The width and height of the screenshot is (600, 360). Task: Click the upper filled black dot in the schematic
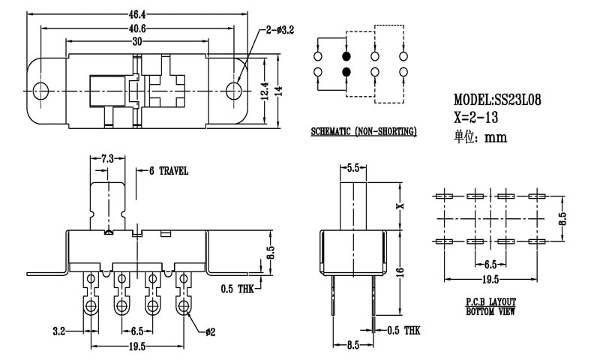point(346,56)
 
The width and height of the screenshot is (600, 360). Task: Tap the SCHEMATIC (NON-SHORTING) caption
point(364,133)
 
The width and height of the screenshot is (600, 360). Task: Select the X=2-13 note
point(477,118)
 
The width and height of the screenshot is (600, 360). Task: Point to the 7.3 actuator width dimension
point(106,159)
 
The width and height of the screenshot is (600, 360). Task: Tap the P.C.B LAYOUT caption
point(491,301)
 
